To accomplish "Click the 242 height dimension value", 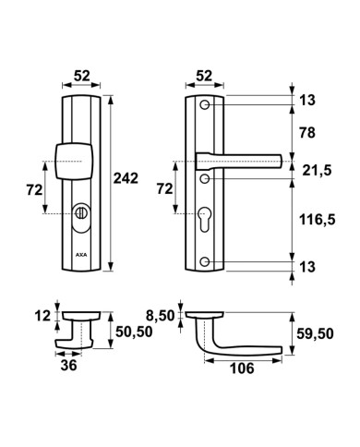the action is click(126, 178).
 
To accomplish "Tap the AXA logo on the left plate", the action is click(81, 255).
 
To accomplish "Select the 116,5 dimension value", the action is click(318, 220).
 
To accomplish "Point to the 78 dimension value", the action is click(307, 133).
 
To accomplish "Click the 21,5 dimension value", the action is click(317, 170).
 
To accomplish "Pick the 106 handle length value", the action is click(242, 368).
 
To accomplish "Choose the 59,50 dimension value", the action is click(315, 333).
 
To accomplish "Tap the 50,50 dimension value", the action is click(134, 332).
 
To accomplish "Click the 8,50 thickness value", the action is click(160, 316).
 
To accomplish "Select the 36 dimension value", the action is click(68, 366).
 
